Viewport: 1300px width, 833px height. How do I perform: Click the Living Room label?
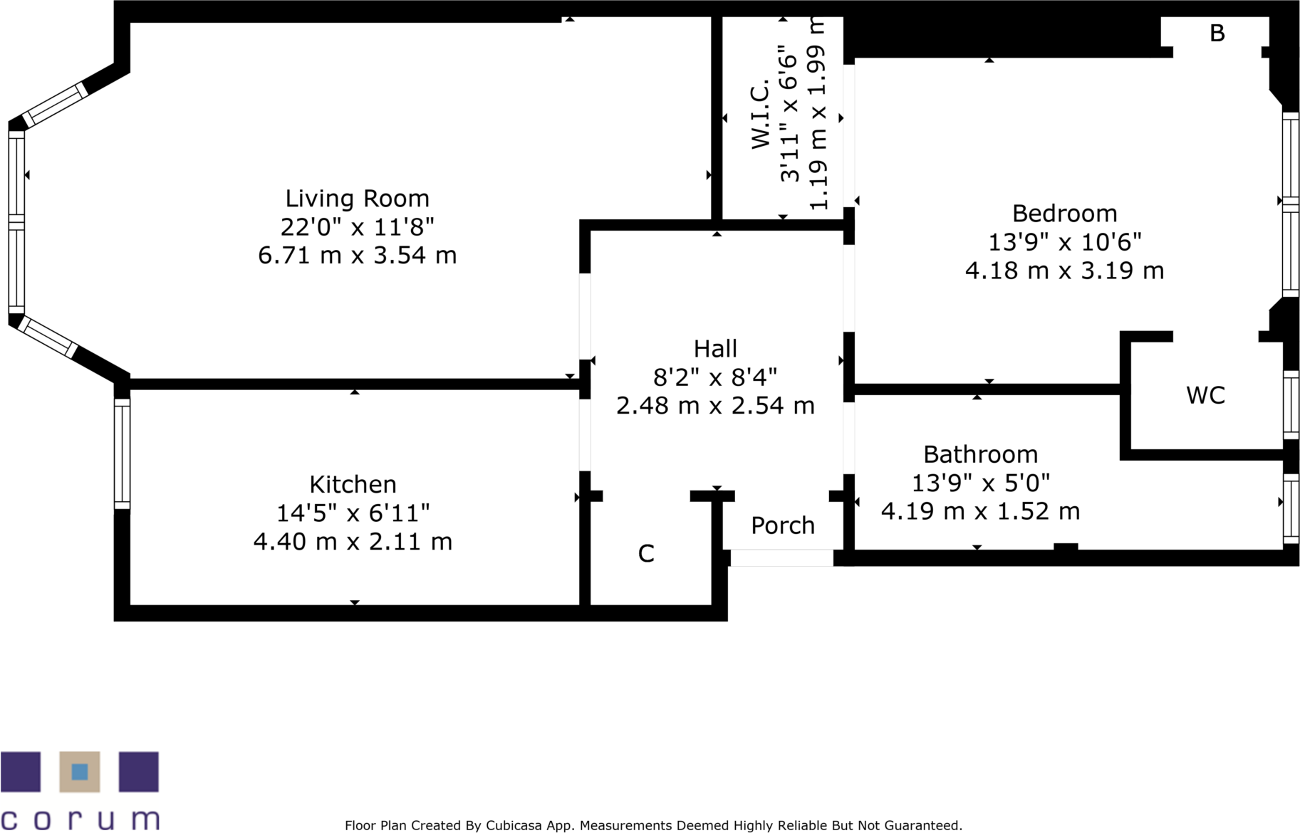(x=357, y=198)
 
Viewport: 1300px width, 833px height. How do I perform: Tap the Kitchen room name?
(x=353, y=484)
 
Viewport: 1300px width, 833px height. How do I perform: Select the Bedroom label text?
(x=1064, y=213)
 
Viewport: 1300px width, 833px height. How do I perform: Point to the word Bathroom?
(x=980, y=454)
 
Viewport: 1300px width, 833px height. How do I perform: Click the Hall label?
(x=715, y=348)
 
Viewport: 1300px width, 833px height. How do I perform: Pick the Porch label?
(x=783, y=525)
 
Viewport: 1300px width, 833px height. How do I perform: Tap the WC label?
(x=1205, y=395)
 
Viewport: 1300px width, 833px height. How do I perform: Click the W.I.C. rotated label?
(x=761, y=114)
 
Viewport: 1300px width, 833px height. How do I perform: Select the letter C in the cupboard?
(x=646, y=553)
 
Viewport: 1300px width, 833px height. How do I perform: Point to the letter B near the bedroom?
(x=1217, y=33)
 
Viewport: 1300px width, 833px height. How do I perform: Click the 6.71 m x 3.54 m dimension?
(x=357, y=255)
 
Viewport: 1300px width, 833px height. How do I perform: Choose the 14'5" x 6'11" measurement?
(x=353, y=513)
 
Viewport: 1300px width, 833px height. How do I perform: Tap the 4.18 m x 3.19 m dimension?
(x=1064, y=271)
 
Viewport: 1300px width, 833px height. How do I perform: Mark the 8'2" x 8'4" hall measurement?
(x=715, y=377)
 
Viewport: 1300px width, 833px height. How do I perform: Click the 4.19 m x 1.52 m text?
(x=980, y=511)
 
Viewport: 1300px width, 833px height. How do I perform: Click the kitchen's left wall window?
(x=123, y=454)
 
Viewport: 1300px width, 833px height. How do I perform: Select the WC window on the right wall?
(x=1291, y=404)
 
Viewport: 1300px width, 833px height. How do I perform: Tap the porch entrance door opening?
(x=781, y=558)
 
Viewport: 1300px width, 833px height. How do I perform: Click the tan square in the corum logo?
(x=80, y=772)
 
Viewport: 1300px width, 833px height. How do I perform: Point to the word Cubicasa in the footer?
(x=514, y=825)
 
